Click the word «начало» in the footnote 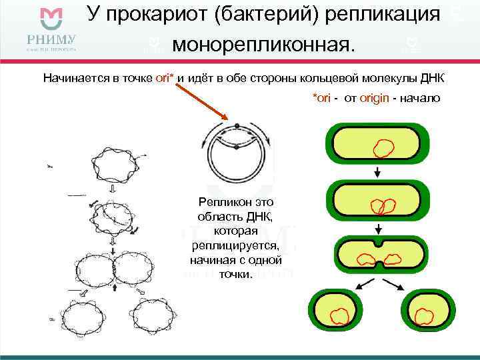tap(420, 98)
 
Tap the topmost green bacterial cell tap(377, 146)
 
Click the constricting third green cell tap(377, 257)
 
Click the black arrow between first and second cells tap(377, 173)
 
